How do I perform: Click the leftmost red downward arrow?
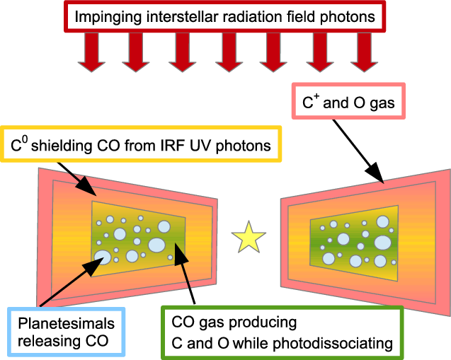[x=91, y=53]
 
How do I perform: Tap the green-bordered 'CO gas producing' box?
[x=282, y=333]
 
